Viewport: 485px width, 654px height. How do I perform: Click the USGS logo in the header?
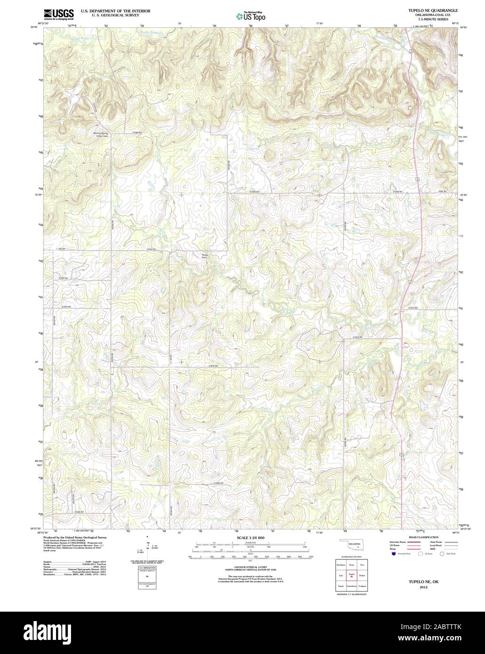58,15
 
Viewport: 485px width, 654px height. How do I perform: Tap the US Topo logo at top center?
251,16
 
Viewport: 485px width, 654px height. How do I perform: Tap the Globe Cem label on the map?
204,256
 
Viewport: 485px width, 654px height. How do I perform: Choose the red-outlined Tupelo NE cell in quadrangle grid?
351,575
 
